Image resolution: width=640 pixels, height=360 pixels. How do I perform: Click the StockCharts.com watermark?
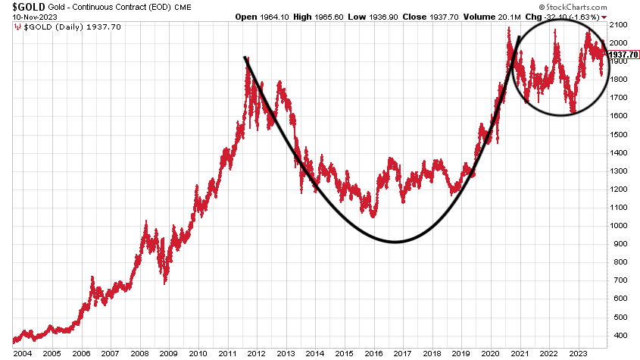click(x=599, y=6)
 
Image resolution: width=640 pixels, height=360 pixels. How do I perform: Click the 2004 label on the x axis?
click(x=23, y=353)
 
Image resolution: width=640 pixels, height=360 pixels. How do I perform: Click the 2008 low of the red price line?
click(x=165, y=283)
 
